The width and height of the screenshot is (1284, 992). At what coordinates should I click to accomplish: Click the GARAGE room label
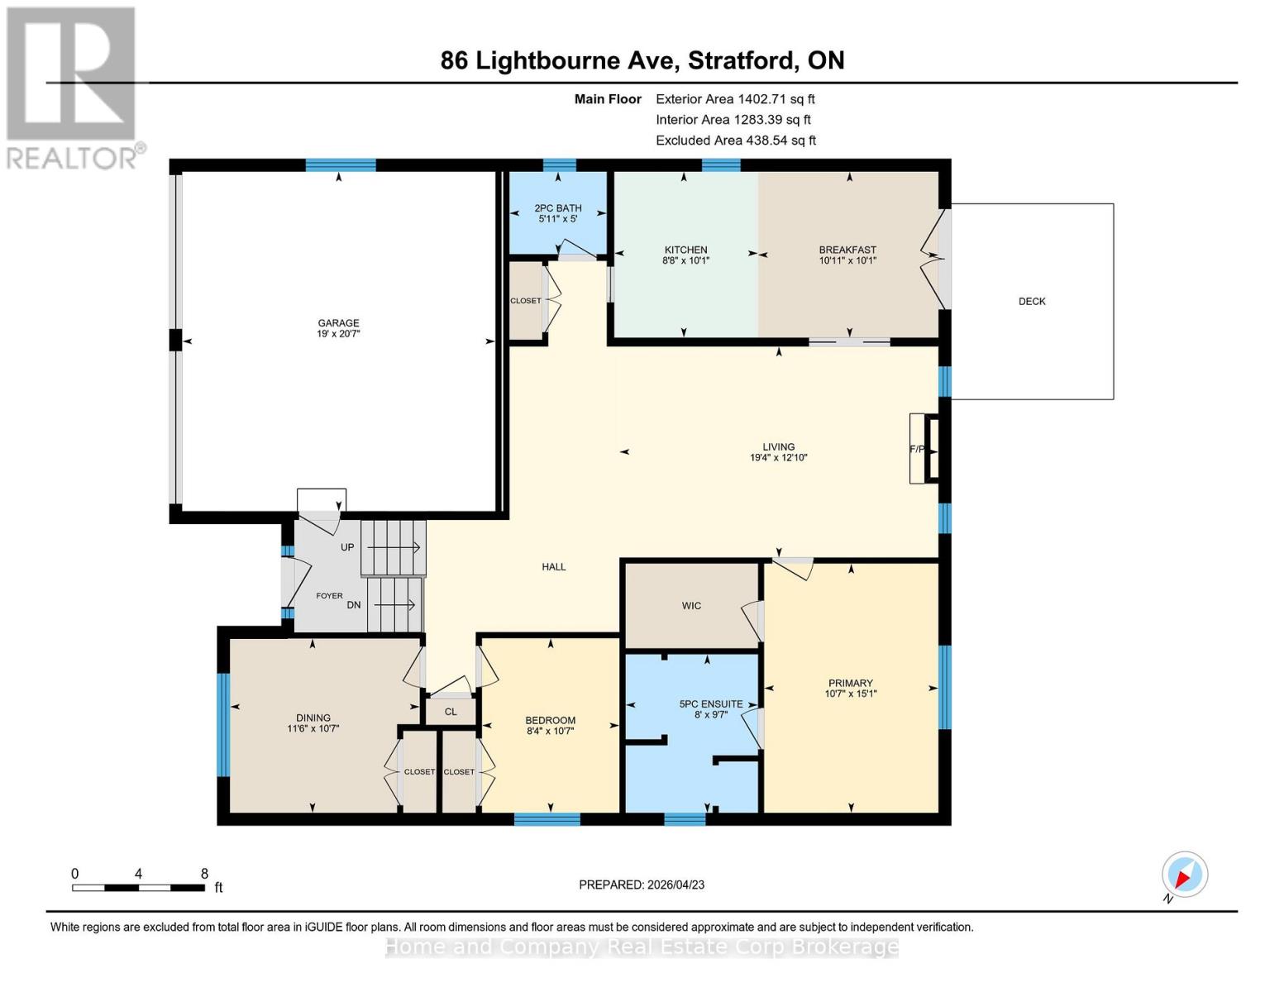338,323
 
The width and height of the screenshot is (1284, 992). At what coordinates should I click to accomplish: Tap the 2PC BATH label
557,208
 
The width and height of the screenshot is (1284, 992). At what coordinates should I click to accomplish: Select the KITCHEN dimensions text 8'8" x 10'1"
685,260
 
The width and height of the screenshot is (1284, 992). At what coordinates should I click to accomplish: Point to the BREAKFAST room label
847,250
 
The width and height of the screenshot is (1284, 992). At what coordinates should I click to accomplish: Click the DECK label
1031,302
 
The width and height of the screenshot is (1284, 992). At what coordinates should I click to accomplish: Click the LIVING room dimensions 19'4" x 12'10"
778,457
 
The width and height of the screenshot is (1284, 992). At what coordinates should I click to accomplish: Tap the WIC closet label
691,606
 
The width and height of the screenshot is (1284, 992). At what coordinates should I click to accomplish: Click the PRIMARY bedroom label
850,683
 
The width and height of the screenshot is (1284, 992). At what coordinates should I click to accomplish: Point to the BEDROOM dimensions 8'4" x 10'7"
550,731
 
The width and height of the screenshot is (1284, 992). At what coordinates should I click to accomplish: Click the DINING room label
313,718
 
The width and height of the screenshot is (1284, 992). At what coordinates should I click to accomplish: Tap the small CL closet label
451,712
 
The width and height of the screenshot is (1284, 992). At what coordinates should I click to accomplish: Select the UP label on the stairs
347,547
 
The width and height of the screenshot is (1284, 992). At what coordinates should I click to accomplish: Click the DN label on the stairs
354,605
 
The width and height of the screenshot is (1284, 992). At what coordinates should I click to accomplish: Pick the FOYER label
329,595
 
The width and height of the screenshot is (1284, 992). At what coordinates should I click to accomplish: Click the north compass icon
1184,875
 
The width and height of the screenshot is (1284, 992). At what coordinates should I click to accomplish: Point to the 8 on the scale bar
204,874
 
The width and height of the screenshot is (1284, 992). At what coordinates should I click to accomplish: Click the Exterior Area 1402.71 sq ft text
735,99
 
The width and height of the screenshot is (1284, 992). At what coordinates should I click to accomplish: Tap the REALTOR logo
73,88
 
